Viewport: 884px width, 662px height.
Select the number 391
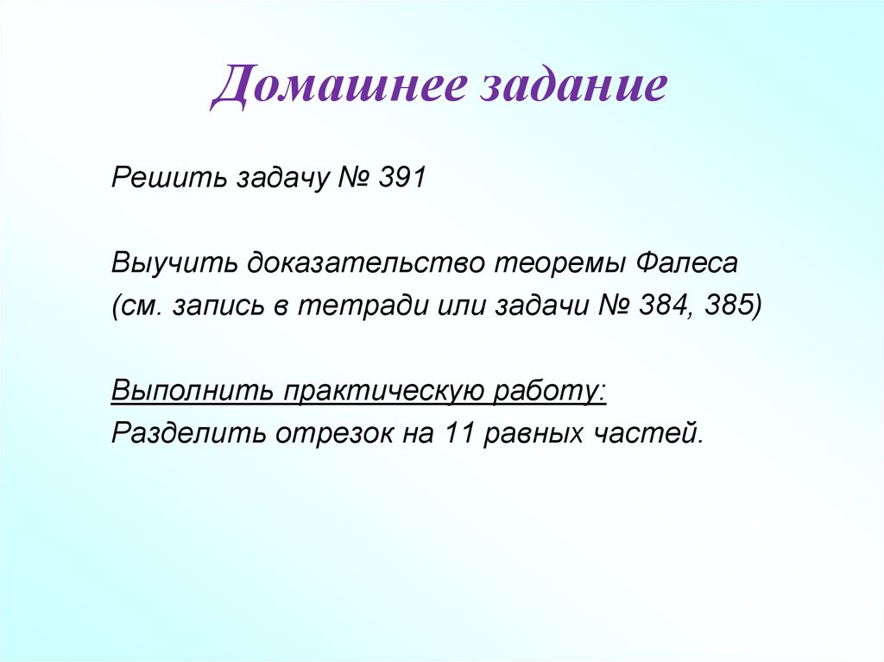pos(401,180)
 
